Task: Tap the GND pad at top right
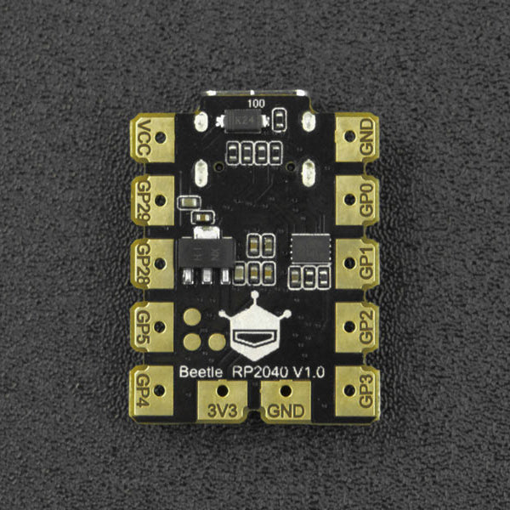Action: click(358, 138)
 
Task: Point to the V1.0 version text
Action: click(311, 372)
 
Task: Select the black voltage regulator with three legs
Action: click(203, 253)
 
